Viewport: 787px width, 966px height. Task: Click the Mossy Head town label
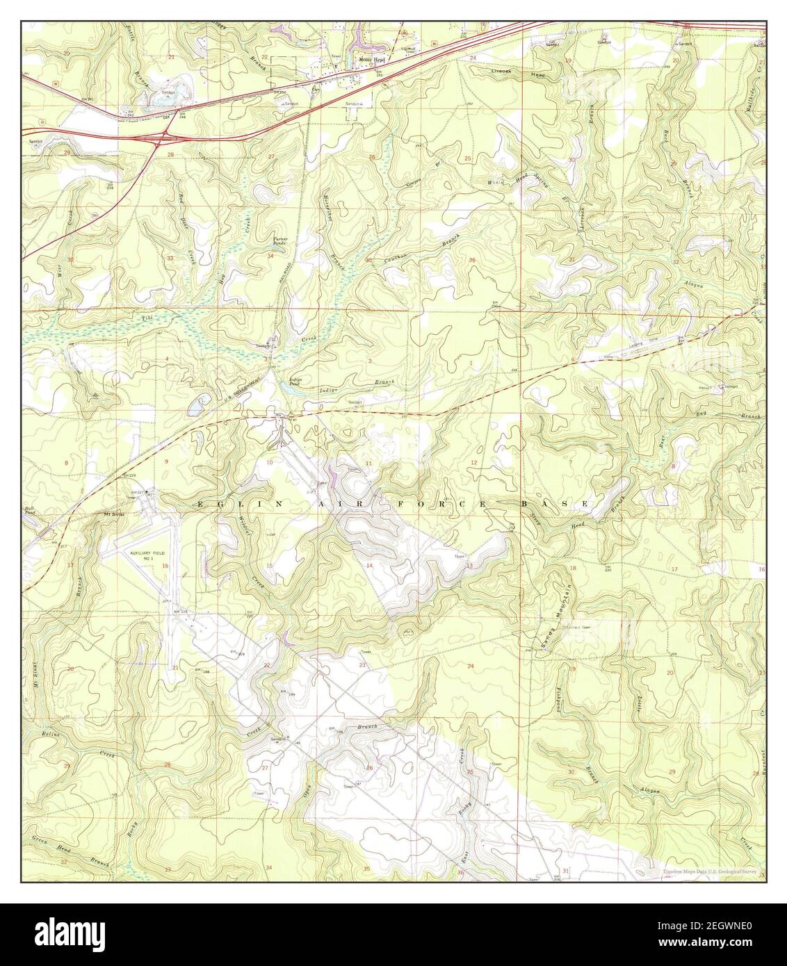point(371,60)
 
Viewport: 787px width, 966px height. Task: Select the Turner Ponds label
point(278,240)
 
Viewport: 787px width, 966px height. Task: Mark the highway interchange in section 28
point(162,138)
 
